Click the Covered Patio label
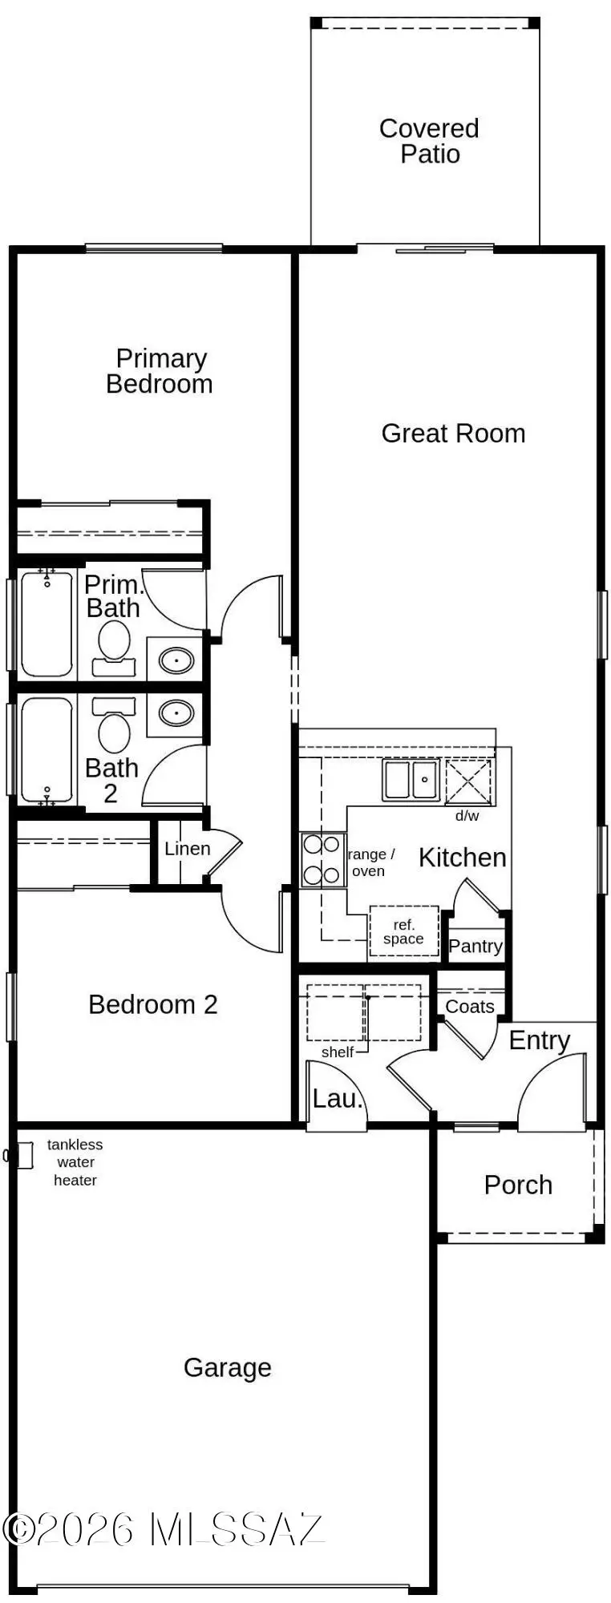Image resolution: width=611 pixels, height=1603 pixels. [429, 141]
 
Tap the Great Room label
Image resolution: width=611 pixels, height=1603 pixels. [453, 434]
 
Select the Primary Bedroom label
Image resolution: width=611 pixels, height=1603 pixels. [160, 371]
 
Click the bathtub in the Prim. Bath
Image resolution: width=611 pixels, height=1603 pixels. [47, 623]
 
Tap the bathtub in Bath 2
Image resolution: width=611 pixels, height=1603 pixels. [47, 749]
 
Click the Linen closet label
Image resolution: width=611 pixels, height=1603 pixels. [188, 849]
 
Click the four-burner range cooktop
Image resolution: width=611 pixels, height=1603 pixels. [322, 859]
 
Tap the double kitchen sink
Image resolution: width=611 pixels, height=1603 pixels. [411, 780]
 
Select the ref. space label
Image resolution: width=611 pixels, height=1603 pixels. [403, 932]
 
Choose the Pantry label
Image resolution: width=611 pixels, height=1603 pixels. [475, 947]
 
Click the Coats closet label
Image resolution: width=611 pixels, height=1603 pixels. [470, 1007]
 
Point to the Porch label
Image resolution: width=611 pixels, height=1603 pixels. [518, 1185]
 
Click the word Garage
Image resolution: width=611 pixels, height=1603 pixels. [228, 1368]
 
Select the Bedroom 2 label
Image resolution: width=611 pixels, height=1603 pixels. [153, 1004]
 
